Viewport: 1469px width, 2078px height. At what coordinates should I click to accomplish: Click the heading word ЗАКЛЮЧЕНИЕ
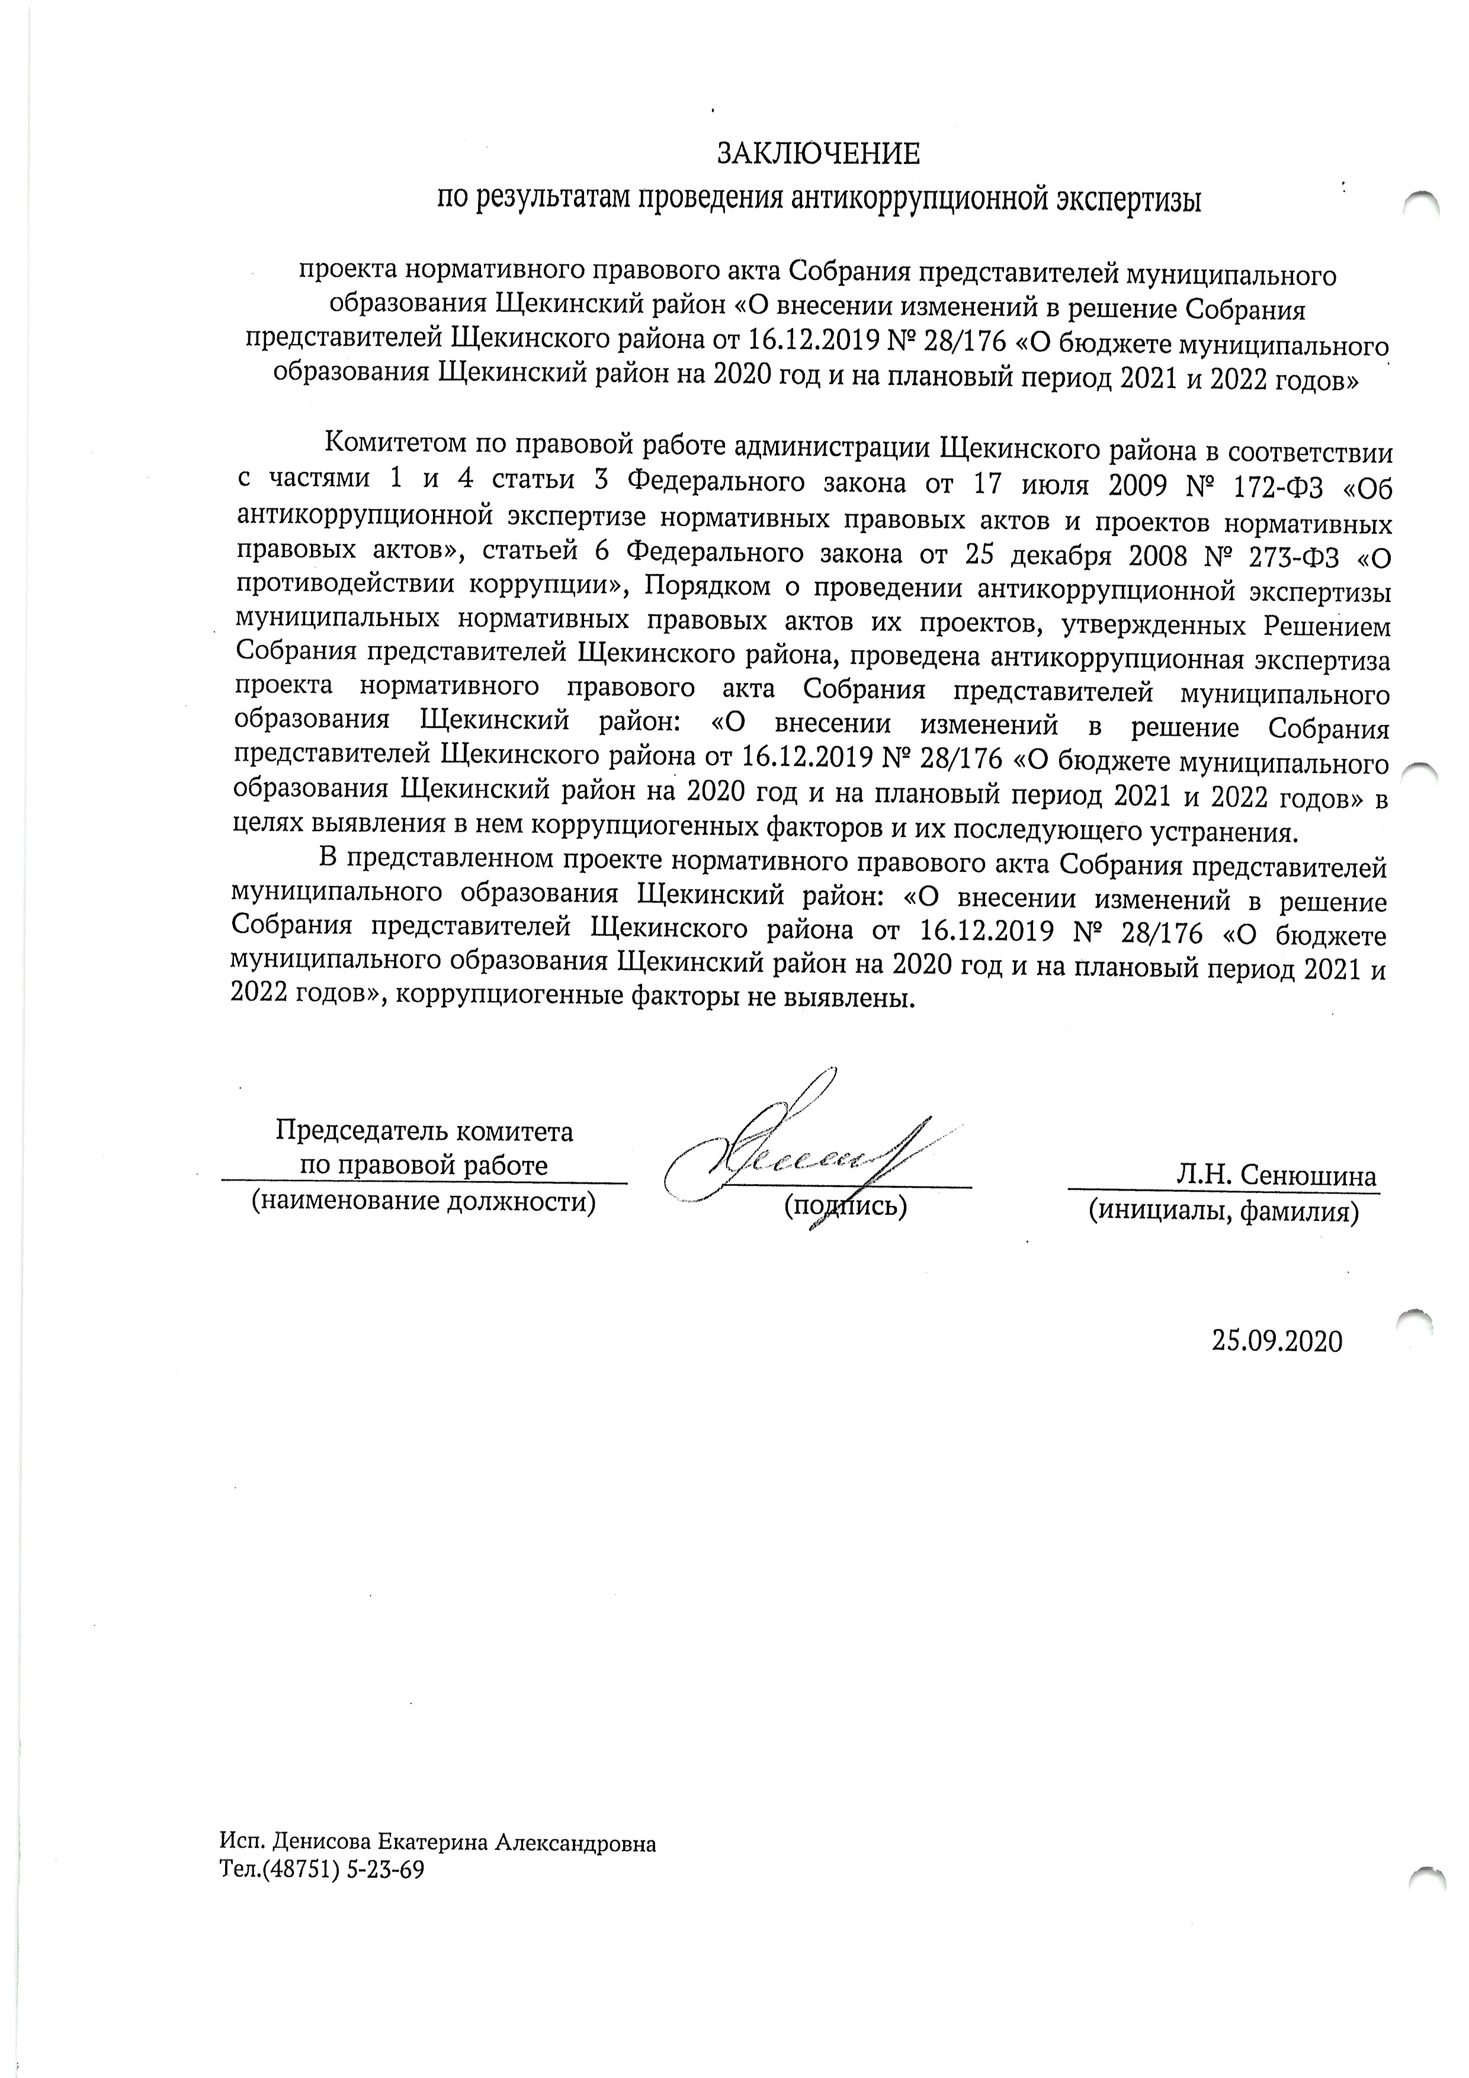pos(818,154)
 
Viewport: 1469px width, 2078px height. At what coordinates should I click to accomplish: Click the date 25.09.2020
pos(1277,1341)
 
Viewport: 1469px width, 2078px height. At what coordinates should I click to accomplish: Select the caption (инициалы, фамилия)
pos(1223,1210)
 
